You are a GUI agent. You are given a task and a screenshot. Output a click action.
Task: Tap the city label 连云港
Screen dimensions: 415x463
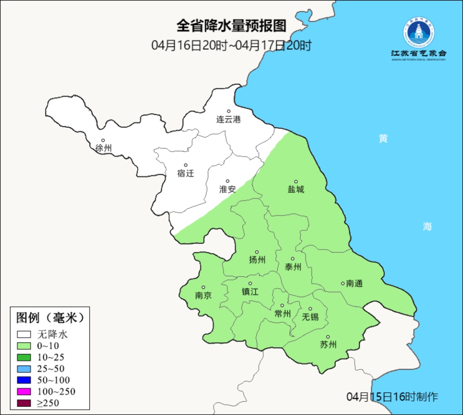(x=228, y=119)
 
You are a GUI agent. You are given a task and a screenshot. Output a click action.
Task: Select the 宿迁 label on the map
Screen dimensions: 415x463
(x=186, y=173)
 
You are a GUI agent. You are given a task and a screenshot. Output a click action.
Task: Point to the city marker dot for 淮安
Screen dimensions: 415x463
(x=228, y=181)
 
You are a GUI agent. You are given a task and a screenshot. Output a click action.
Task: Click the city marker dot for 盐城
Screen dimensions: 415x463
(x=296, y=182)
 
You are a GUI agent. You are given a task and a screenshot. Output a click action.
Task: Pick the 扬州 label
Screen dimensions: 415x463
(x=257, y=260)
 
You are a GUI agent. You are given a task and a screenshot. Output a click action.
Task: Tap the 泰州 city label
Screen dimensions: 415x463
(x=293, y=267)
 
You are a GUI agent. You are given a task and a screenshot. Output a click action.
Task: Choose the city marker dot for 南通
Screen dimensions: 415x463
(x=343, y=283)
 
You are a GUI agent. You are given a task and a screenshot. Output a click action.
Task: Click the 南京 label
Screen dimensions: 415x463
(x=203, y=296)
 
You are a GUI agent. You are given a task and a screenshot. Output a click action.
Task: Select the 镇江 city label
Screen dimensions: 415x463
(x=250, y=292)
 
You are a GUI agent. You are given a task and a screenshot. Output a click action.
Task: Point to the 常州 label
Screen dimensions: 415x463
(x=283, y=314)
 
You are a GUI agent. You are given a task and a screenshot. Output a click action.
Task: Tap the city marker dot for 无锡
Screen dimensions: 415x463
(x=310, y=309)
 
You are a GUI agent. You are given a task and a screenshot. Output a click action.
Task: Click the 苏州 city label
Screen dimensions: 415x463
(x=328, y=345)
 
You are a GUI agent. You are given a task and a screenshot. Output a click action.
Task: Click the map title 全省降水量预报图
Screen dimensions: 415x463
(x=231, y=26)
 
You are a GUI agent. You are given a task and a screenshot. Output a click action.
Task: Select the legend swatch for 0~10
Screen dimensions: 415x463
(x=24, y=346)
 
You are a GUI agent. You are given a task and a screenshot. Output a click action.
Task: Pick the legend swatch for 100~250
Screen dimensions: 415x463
(x=24, y=391)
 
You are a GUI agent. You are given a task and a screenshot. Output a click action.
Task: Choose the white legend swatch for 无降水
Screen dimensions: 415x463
(x=24, y=334)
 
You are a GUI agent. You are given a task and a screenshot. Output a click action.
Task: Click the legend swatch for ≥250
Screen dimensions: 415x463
(x=24, y=403)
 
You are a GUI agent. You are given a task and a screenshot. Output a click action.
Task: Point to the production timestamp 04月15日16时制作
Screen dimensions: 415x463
(x=392, y=397)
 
